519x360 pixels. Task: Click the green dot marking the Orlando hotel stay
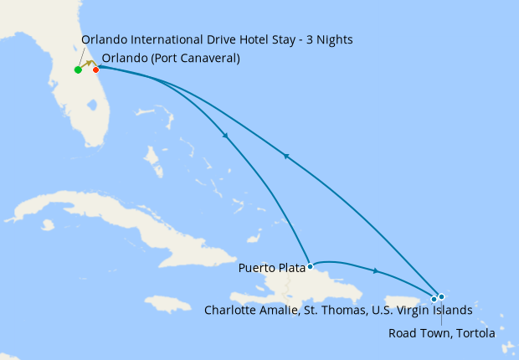[x=78, y=69]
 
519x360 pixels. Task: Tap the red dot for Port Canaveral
[x=95, y=69]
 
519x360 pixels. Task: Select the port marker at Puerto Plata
[x=310, y=266]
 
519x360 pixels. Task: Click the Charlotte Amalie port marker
[x=434, y=299]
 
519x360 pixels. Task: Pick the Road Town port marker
[x=441, y=296]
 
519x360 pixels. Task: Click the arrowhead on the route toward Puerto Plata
[x=226, y=138]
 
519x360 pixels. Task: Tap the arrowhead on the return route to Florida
[x=285, y=156]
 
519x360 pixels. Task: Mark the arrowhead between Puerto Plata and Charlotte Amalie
[x=377, y=270]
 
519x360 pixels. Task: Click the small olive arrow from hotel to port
[x=88, y=64]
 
